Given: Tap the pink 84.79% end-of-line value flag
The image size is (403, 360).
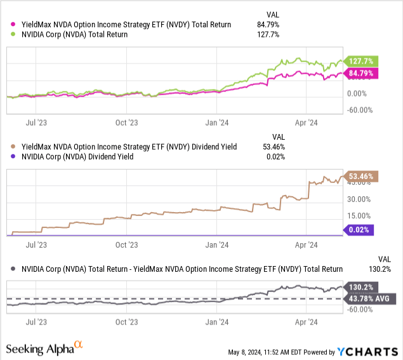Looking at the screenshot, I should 360,74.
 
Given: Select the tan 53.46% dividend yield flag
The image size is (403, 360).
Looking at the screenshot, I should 360,177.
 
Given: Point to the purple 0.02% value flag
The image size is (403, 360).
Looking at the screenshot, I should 359,230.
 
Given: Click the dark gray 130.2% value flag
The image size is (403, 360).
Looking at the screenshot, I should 360,286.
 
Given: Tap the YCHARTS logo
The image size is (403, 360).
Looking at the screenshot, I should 367,351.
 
